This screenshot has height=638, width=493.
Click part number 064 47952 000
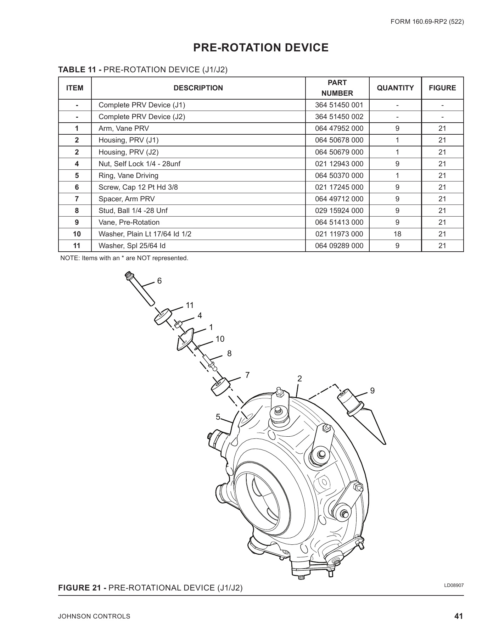(x=339, y=128)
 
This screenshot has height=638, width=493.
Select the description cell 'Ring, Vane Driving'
(x=128, y=175)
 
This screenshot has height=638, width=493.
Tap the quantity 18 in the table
(x=397, y=234)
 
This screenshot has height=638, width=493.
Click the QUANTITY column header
(x=395, y=88)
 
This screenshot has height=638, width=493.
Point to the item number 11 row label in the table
(x=77, y=246)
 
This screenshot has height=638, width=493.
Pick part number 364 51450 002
(x=339, y=117)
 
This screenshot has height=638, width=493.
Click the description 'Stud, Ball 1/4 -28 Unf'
(x=133, y=211)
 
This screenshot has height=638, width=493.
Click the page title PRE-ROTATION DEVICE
(x=260, y=47)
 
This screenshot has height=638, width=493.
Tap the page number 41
(x=459, y=616)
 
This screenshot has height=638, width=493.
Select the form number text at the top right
(x=427, y=22)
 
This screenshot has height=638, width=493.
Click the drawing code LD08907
(x=454, y=585)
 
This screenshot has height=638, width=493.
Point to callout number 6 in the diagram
(x=159, y=281)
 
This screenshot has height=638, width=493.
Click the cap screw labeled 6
(x=140, y=288)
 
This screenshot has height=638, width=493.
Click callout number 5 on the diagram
(x=218, y=417)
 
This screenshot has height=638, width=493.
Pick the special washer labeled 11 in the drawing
(x=163, y=316)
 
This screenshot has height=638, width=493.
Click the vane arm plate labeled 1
(x=185, y=339)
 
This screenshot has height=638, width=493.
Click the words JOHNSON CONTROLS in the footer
(x=94, y=616)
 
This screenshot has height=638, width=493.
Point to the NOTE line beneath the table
(x=124, y=258)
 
